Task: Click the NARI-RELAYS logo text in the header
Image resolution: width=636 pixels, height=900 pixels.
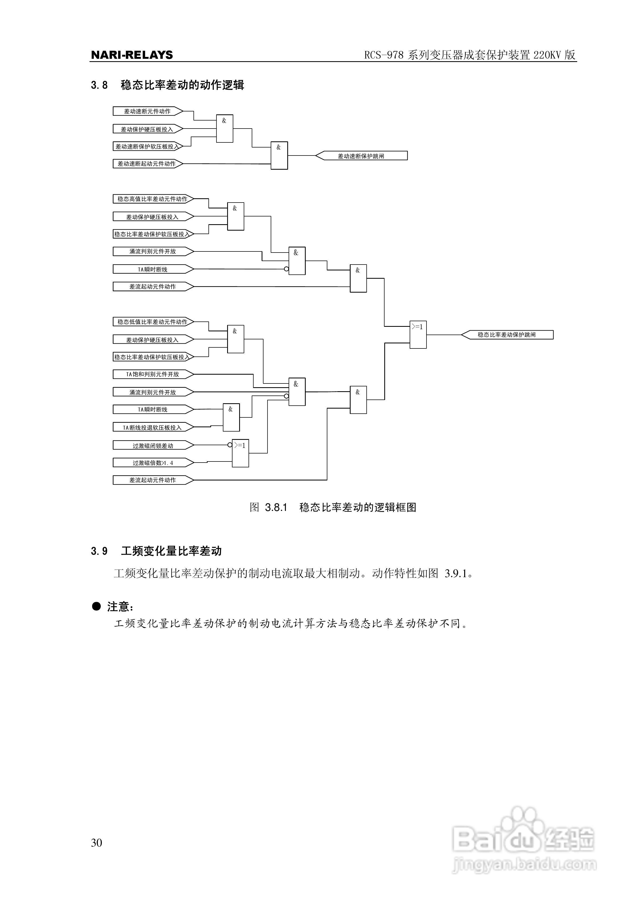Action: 132,55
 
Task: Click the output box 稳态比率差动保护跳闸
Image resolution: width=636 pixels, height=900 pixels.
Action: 507,335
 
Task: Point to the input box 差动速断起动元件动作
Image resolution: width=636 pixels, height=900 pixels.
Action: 147,164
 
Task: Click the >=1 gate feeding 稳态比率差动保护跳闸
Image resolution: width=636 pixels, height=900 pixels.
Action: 418,335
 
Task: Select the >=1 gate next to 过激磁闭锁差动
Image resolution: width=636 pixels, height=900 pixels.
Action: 240,453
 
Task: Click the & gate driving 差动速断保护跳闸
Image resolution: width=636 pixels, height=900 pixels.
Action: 279,156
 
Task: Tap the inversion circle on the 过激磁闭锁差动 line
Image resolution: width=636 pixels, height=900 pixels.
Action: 230,445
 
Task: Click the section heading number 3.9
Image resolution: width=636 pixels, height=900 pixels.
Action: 99,551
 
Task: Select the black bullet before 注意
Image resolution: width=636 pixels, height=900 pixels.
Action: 96,606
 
